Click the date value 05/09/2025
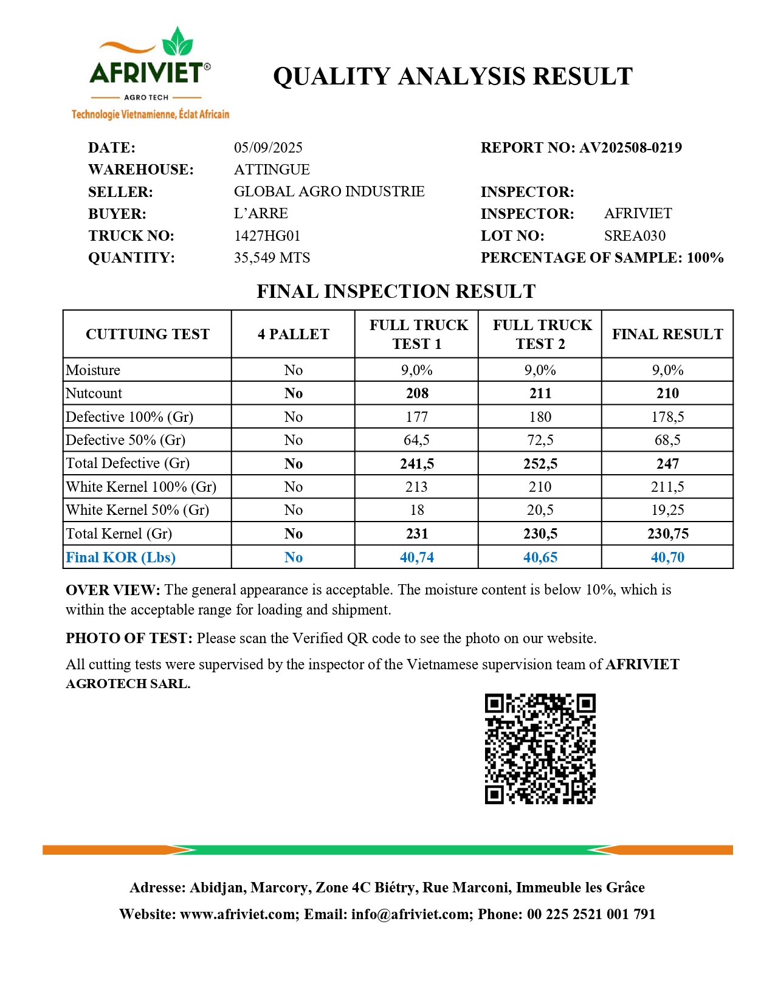pos(268,148)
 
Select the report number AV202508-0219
pos(630,148)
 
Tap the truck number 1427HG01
pos(267,236)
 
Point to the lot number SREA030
pos(635,236)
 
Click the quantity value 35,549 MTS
pos(272,258)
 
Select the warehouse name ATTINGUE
pos(272,170)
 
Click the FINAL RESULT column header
pos(667,334)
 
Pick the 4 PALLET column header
pos(293,334)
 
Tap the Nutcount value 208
pos(417,393)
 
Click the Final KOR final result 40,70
pos(667,557)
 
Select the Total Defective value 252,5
pos(540,464)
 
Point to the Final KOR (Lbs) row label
pos(120,557)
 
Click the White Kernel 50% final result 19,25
pos(667,510)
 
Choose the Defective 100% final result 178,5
pos(667,417)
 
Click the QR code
pos(540,749)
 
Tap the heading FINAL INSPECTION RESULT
pos(396,292)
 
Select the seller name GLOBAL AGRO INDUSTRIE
pos(329,191)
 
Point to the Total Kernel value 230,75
pos(667,534)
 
